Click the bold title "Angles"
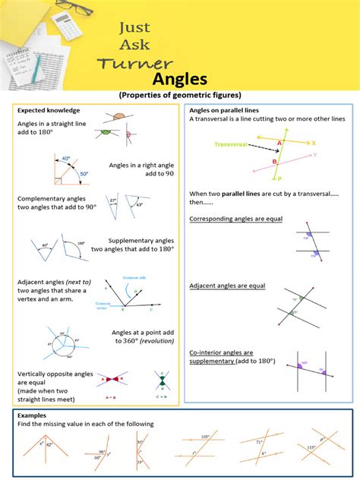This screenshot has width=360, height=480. [x=179, y=80]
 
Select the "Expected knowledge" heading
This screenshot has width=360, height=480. [x=48, y=110]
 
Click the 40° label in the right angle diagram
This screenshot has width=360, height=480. [x=66, y=159]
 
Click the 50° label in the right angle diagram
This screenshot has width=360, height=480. [x=84, y=174]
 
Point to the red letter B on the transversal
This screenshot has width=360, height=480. [x=274, y=161]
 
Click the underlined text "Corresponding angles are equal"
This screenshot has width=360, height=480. [x=235, y=219]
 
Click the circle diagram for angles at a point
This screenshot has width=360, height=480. [x=58, y=344]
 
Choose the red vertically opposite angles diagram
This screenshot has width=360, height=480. [x=112, y=377]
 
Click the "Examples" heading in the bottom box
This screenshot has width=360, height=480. [x=31, y=415]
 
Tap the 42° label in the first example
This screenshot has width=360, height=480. [x=49, y=445]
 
